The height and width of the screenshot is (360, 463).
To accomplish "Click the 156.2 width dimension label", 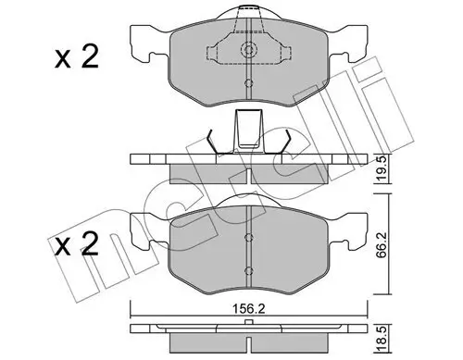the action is (248, 309).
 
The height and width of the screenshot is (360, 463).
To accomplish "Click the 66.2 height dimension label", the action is (381, 243).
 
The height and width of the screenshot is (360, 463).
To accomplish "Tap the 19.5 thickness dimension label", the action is (382, 169).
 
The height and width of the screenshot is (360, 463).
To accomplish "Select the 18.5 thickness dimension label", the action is (382, 341).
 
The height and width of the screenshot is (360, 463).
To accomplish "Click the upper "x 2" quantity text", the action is (77, 56).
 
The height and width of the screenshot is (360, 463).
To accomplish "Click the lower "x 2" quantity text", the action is (77, 244).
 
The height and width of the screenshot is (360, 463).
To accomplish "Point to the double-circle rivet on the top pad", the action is (248, 49).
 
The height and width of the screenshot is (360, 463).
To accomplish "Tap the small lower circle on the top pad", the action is (248, 83).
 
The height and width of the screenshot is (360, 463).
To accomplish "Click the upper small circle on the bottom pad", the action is (248, 237).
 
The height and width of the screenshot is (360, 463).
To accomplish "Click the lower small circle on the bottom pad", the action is (248, 271).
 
